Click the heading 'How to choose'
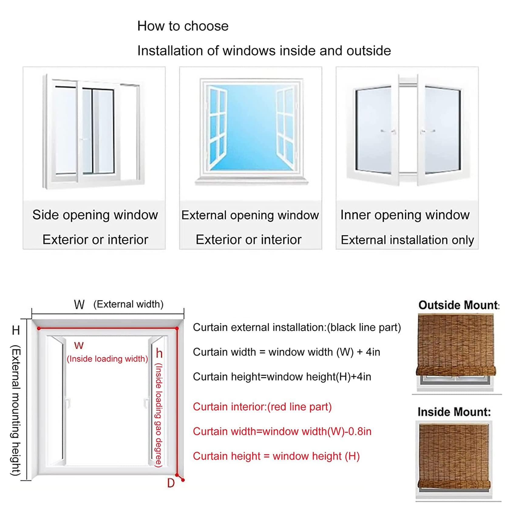[183, 26]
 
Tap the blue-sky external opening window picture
[250, 131]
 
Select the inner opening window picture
[407, 131]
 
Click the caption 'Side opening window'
[95, 215]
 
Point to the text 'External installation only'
[407, 240]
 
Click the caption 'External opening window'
[250, 215]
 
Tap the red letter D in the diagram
[171, 483]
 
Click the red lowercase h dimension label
[159, 353]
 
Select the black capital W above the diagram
[79, 304]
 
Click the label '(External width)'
[128, 304]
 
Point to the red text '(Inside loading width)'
[107, 359]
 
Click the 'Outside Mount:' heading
[458, 305]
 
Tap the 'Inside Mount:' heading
[454, 412]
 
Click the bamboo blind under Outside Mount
[455, 346]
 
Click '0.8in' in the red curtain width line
[360, 431]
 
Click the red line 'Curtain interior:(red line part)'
[262, 407]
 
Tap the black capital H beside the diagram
[16, 330]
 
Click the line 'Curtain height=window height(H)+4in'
[282, 377]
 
